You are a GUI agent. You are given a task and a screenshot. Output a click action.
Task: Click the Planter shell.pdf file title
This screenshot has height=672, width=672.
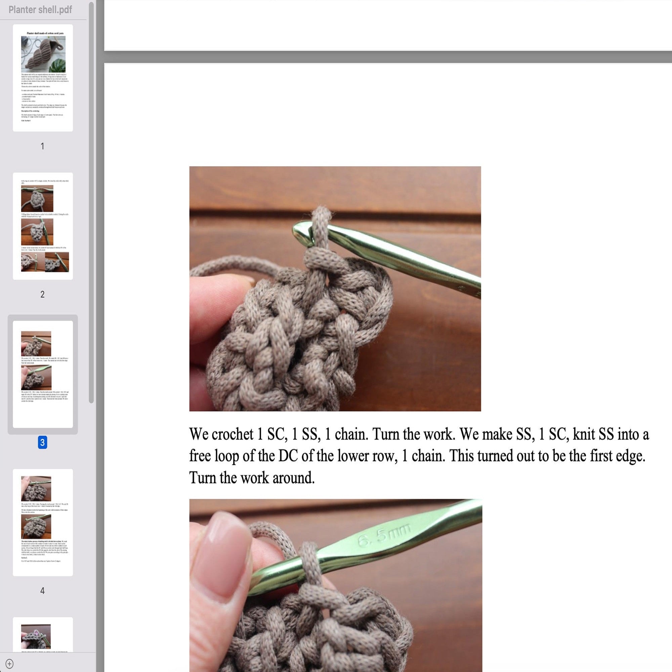click(x=40, y=10)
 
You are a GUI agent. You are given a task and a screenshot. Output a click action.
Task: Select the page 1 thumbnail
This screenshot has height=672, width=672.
click(x=43, y=78)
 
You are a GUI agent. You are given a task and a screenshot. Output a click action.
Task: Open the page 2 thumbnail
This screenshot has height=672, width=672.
click(x=43, y=226)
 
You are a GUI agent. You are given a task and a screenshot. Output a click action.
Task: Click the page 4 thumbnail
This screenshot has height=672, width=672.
click(x=43, y=522)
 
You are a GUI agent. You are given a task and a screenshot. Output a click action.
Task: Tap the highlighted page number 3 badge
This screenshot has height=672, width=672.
click(x=42, y=443)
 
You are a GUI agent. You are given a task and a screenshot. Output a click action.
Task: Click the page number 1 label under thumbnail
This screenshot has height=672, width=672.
click(x=42, y=146)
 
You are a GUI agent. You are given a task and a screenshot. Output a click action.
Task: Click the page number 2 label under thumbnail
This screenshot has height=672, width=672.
click(x=42, y=294)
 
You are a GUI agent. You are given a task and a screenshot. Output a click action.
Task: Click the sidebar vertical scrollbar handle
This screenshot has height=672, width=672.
click(x=91, y=202)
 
